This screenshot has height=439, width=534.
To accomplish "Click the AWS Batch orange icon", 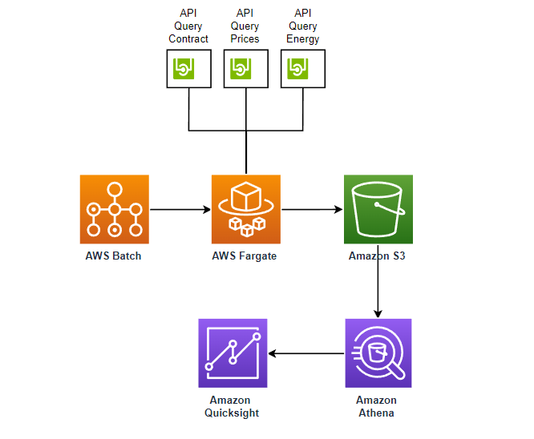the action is click(115, 209).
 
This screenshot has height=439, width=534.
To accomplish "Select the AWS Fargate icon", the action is click(246, 209).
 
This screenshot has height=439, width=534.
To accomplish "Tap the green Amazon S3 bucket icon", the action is click(378, 209).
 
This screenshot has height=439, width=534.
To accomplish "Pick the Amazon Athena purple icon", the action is click(378, 353).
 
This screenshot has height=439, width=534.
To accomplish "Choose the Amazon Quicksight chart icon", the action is click(233, 353).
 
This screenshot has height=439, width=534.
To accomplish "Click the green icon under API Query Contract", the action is click(184, 69).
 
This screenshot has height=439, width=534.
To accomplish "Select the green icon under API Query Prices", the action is click(241, 69).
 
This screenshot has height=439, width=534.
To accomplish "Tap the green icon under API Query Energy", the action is click(297, 69).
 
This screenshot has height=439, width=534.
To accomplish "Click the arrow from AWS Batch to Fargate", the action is click(180, 209).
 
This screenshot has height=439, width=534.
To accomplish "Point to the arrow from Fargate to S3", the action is click(312, 209).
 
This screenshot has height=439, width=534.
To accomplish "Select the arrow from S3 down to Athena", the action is click(378, 281).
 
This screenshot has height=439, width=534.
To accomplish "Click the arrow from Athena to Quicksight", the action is click(306, 353).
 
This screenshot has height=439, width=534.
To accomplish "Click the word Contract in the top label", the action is click(188, 38).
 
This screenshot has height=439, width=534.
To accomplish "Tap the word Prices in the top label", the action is click(245, 38).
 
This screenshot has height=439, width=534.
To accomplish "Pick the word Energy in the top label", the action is click(303, 39).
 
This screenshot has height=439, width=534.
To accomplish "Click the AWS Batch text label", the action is click(113, 256).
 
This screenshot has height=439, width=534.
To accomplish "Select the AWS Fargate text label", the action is click(245, 256).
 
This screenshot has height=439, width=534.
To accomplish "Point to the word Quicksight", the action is click(232, 413).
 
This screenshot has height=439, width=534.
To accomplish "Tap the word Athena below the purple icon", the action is click(376, 413).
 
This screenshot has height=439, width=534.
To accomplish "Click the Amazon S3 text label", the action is click(377, 256).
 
